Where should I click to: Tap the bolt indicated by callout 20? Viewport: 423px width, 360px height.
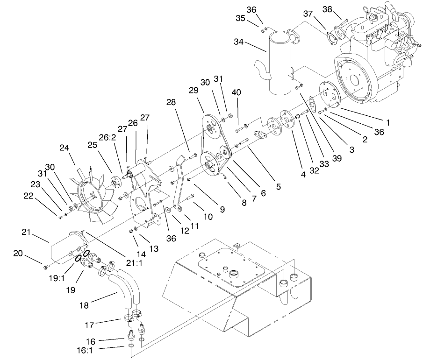coord(46,267)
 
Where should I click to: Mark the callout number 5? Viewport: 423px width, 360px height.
coord(278,187)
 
